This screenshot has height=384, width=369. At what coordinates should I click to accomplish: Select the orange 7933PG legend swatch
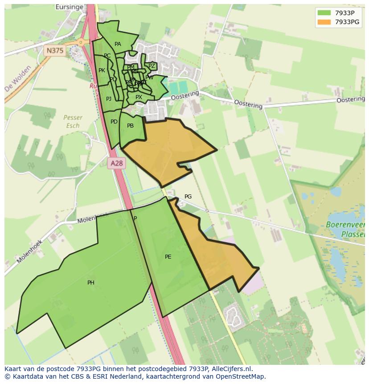coord(324,22)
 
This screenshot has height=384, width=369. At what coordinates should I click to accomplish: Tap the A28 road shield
coord(116,163)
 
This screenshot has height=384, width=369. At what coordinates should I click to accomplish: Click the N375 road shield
coord(55,50)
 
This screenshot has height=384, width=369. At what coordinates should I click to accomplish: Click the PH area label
coord(91,283)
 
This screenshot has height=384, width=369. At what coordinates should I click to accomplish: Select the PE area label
coord(168,257)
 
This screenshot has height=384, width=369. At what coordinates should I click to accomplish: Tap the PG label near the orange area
coord(188,197)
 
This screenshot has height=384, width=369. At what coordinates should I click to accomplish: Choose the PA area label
coord(118,44)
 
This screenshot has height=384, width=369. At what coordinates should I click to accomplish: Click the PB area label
coord(130,126)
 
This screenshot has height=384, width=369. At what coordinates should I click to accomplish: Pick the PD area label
coord(114,122)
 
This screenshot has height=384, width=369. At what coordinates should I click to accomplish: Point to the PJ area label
coord(109,99)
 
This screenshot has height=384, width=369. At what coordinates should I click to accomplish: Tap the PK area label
coord(102,70)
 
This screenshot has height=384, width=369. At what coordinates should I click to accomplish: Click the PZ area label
coord(152,66)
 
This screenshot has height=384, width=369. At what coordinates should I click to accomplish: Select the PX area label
coord(139,97)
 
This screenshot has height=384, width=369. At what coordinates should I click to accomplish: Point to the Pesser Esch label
coord(73,121)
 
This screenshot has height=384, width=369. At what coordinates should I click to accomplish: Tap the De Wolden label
coord(14,83)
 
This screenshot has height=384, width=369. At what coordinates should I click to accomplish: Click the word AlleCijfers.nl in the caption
coord(231,369)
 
